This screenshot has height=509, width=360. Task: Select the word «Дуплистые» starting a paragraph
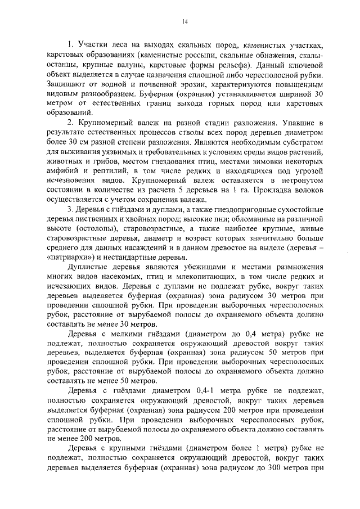pyautogui.click(x=88, y=267)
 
